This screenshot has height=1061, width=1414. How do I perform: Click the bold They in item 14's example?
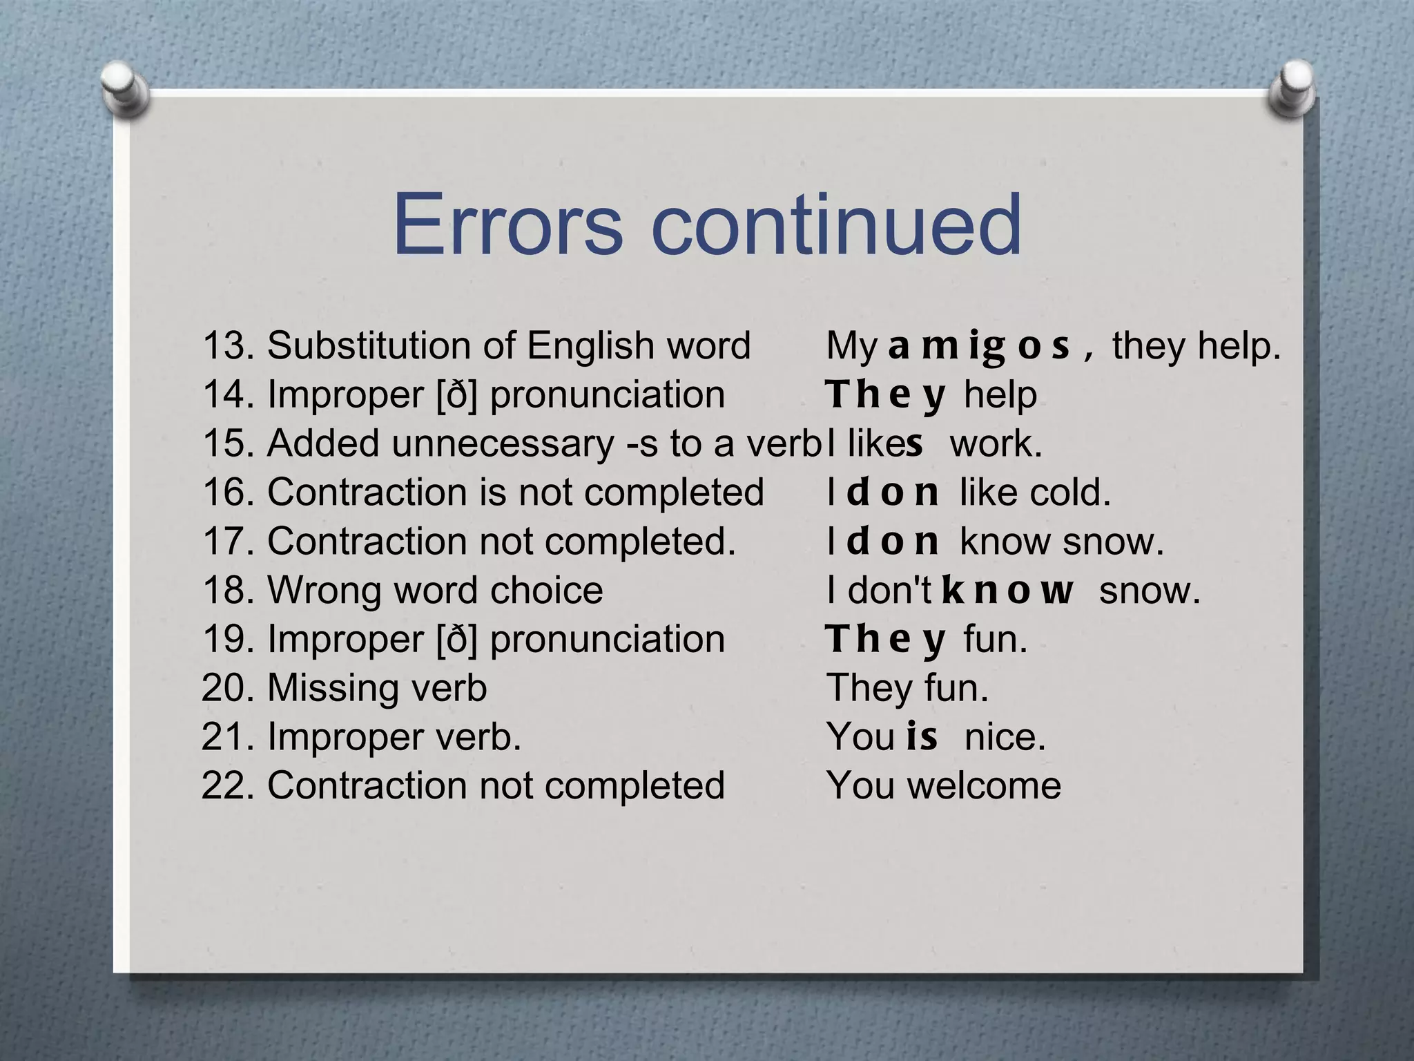(x=887, y=395)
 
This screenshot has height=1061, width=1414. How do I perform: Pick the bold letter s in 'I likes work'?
(x=914, y=444)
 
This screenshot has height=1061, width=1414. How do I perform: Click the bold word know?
(x=1008, y=591)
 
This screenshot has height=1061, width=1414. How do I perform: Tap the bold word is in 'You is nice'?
(x=922, y=736)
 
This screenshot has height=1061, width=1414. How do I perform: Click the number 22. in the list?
(x=229, y=785)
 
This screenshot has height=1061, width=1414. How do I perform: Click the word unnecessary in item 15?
(x=502, y=443)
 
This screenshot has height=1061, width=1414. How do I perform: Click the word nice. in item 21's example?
(x=1005, y=736)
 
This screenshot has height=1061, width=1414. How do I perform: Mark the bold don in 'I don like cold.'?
(x=893, y=493)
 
